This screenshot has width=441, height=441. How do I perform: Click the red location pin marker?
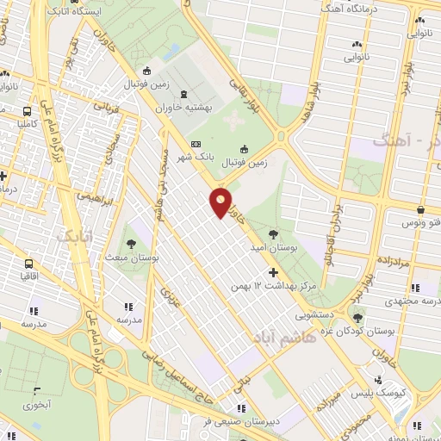coord(222,202)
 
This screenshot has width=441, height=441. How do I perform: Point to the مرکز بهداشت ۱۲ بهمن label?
coord(267,283)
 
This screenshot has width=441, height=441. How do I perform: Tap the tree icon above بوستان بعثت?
coord(132,228)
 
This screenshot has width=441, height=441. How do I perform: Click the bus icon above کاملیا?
coord(28,110)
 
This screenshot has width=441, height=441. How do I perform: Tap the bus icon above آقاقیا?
coord(30,263)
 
